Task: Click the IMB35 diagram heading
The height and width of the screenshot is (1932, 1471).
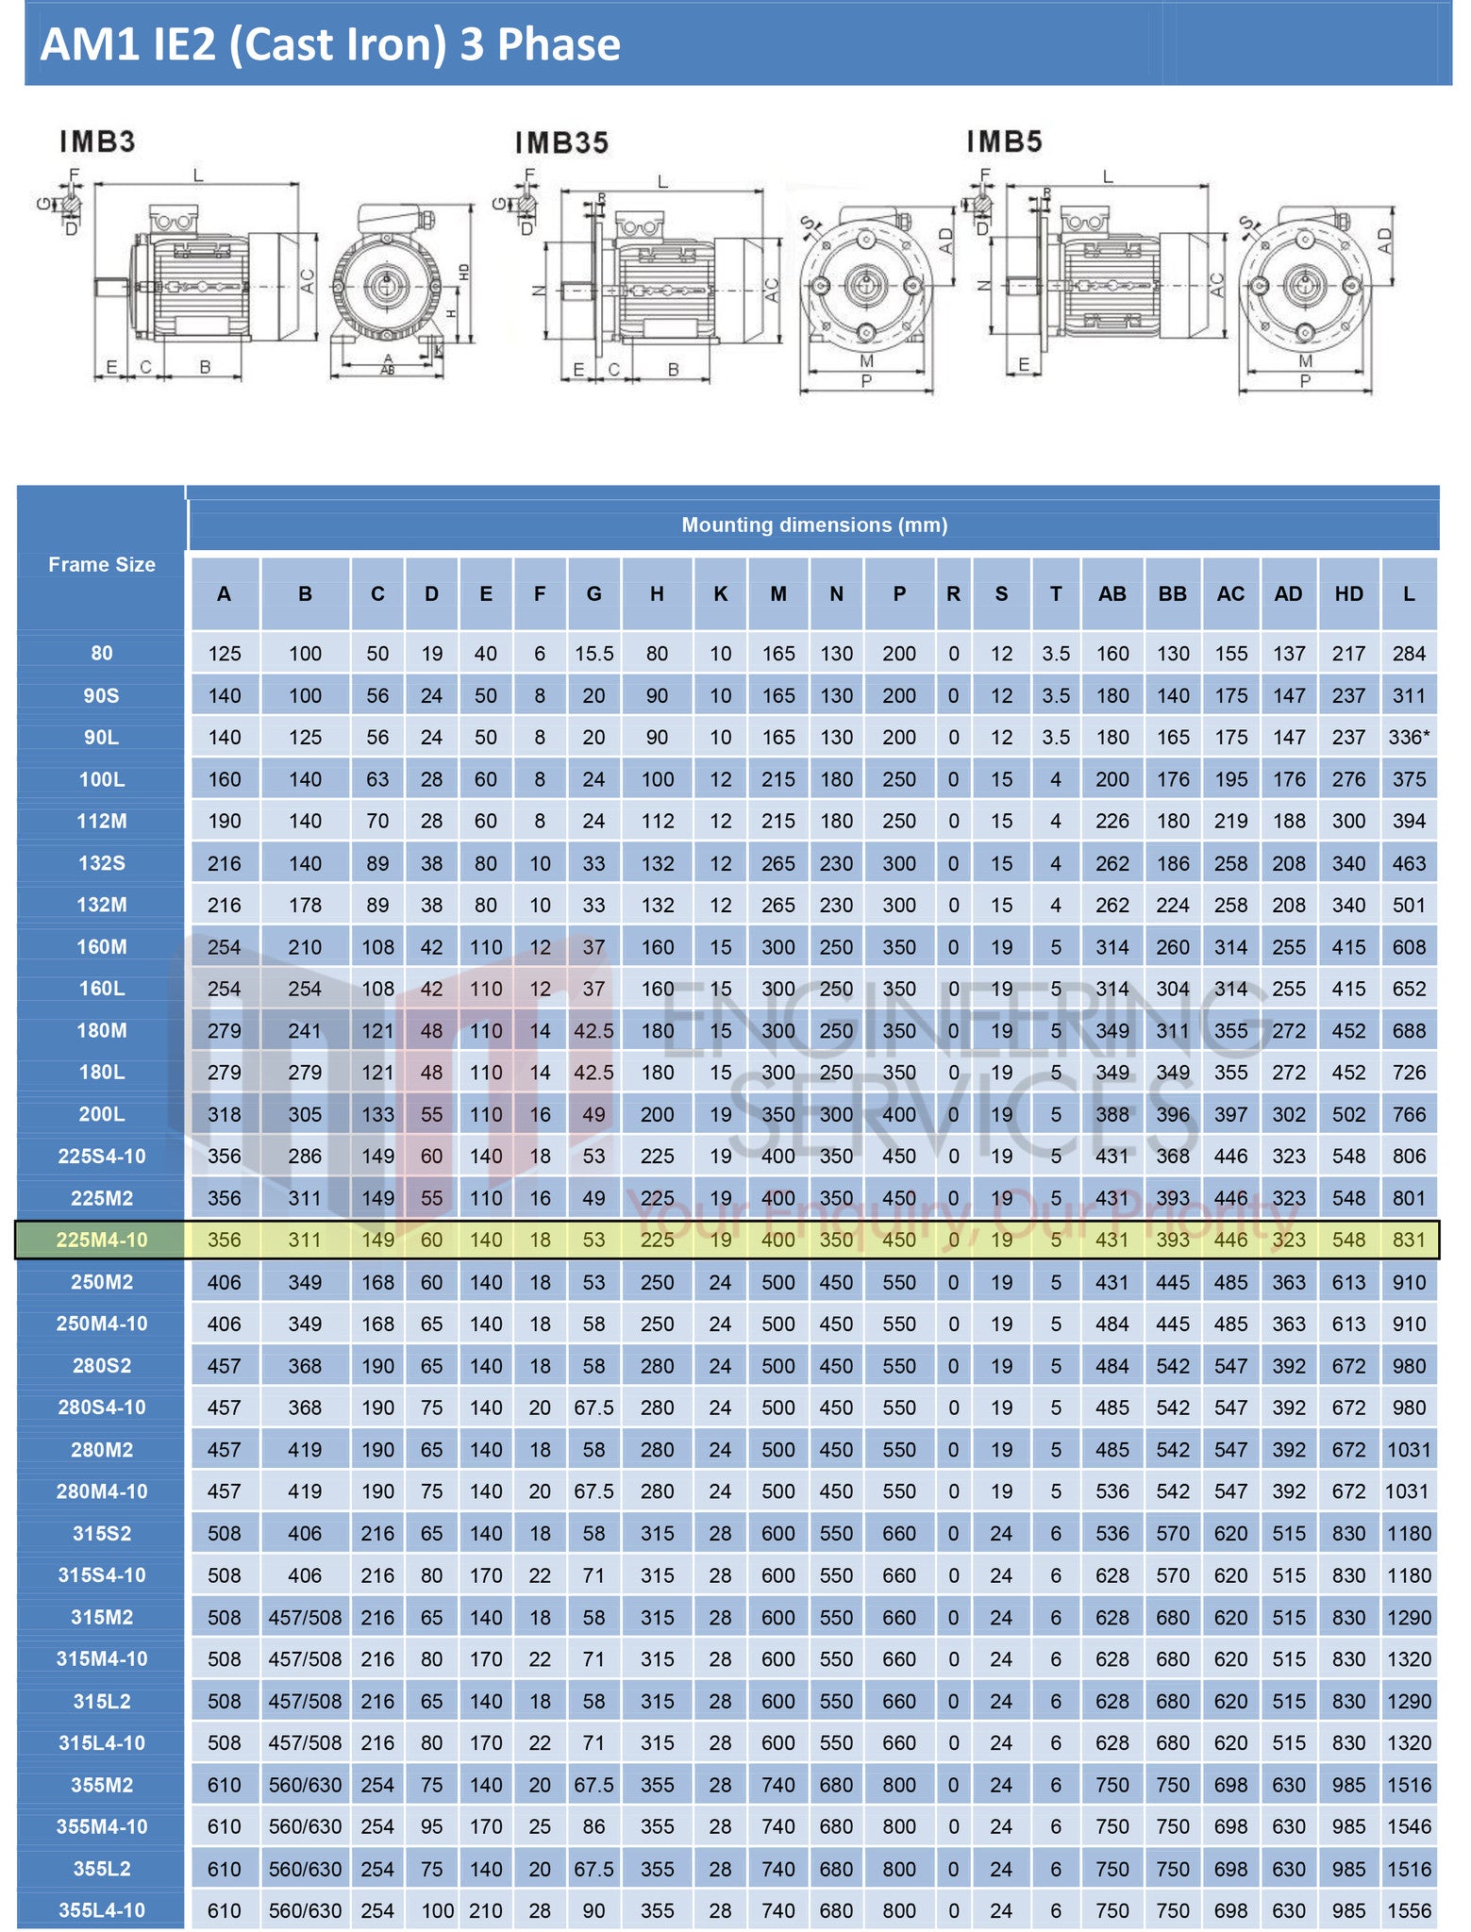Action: (561, 142)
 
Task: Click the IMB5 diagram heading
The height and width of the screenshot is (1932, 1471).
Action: (1004, 142)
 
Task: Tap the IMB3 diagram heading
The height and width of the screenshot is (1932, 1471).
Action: (97, 142)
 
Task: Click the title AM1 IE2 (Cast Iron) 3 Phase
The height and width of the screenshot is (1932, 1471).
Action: (330, 44)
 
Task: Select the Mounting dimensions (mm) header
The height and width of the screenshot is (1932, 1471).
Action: (813, 525)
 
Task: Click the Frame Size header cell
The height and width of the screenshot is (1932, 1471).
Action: (102, 564)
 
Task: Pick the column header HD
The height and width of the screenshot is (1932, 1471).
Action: (1348, 593)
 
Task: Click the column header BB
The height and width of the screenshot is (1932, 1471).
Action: (1172, 593)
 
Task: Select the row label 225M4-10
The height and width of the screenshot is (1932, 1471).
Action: (102, 1240)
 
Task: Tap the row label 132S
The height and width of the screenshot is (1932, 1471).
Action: (102, 862)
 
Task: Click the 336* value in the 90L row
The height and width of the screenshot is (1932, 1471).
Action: (1409, 737)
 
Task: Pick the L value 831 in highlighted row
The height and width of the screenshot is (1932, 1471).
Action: (1409, 1240)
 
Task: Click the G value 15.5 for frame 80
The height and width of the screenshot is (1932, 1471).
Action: (593, 653)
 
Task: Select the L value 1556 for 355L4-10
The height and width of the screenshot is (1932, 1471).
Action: (1409, 1910)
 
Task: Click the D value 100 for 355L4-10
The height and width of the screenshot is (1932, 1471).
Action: (437, 1910)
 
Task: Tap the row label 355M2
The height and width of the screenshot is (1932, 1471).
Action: (102, 1784)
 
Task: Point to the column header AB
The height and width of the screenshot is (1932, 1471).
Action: (1112, 593)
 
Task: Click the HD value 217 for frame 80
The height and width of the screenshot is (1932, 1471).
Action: (1348, 653)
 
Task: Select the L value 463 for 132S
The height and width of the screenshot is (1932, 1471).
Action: (1409, 862)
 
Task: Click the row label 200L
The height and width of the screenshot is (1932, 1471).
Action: (102, 1113)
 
